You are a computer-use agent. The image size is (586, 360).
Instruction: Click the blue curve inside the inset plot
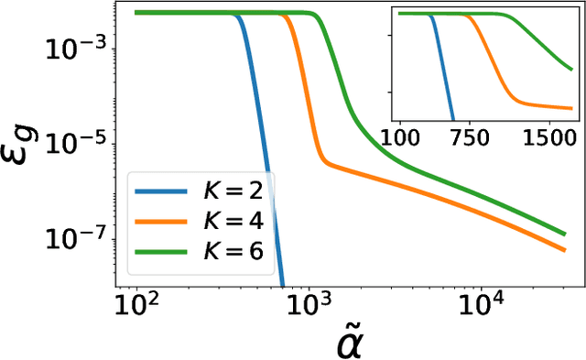tap(442, 73)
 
